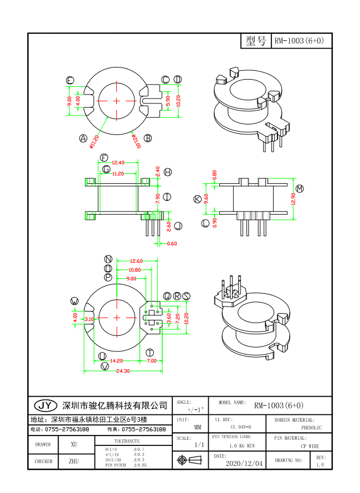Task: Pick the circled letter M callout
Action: pyautogui.click(x=300, y=189)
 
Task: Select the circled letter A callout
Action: pyautogui.click(x=84, y=138)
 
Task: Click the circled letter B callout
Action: pyautogui.click(x=148, y=138)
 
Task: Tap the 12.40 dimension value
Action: pyautogui.click(x=118, y=163)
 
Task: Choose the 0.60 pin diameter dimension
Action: pyautogui.click(x=172, y=243)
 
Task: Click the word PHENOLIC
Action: pyautogui.click(x=311, y=428)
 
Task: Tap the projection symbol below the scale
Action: pyautogui.click(x=191, y=460)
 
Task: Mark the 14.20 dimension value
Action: pyautogui.click(x=116, y=361)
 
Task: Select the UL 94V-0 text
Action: pyautogui.click(x=240, y=427)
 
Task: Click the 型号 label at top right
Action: pyautogui.click(x=256, y=41)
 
